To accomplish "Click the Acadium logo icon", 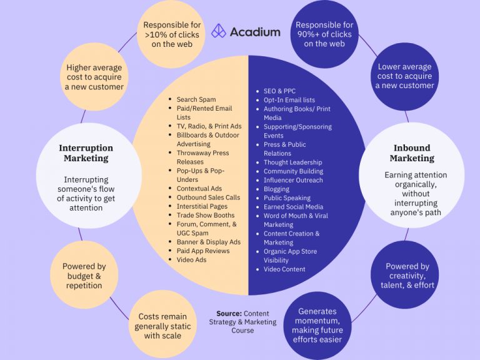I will coord(219,31).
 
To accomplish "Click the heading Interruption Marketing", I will coord(86,153).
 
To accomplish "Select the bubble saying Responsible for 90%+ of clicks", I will coord(324,34).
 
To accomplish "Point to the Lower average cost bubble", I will coord(404,76).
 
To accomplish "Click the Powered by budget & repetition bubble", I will coord(84,276).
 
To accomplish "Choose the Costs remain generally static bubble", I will coord(160,326).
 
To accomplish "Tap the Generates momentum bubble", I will coord(317,325).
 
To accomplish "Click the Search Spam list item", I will coord(196,99).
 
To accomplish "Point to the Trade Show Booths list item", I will coord(204,215).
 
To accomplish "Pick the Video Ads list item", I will coord(191,259).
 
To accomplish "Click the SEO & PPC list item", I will coord(279,91).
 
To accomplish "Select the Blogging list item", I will coord(276,189).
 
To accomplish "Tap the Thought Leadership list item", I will coord(293,162).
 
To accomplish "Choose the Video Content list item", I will coord(284,269).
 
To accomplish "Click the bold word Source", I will coord(229,313).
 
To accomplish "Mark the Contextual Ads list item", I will coord(199,188).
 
